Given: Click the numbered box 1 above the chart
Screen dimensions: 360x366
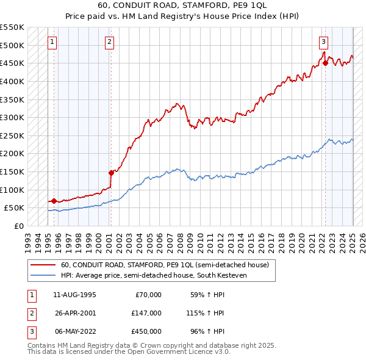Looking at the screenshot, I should (x=52, y=42).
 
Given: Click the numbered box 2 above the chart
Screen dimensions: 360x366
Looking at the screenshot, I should (x=109, y=42).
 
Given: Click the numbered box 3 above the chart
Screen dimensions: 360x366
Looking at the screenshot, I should (x=323, y=42).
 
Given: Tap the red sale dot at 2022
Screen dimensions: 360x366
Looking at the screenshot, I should (x=326, y=62).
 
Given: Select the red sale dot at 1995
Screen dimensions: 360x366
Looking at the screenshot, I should (x=54, y=200).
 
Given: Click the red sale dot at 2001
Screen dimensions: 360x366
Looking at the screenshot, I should (x=111, y=172).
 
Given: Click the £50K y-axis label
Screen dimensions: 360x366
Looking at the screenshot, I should (x=15, y=208).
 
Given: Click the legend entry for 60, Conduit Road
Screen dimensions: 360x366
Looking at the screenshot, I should (x=165, y=265).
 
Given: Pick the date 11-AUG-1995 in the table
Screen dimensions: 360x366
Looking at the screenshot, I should (x=74, y=295).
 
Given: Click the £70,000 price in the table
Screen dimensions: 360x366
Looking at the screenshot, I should (x=148, y=295).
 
